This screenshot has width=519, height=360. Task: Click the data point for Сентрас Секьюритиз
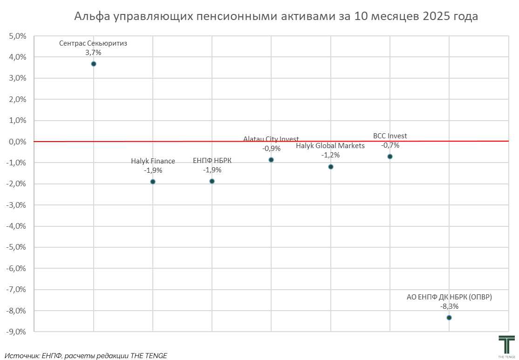94,64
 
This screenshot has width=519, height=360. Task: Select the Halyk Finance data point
153,182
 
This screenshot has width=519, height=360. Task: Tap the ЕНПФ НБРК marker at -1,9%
212,181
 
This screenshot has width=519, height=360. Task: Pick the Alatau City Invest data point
271,160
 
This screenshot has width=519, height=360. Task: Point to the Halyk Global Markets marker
331,167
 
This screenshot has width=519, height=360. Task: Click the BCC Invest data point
390,156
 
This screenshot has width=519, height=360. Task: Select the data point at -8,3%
449,318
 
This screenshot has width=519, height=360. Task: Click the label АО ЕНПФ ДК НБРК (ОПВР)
449,297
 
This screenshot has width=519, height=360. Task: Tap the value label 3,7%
93,53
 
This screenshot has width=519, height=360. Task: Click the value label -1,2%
330,155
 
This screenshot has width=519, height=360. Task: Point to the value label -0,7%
390,145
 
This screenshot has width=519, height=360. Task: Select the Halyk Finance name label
153,161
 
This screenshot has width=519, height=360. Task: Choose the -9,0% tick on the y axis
17,332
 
